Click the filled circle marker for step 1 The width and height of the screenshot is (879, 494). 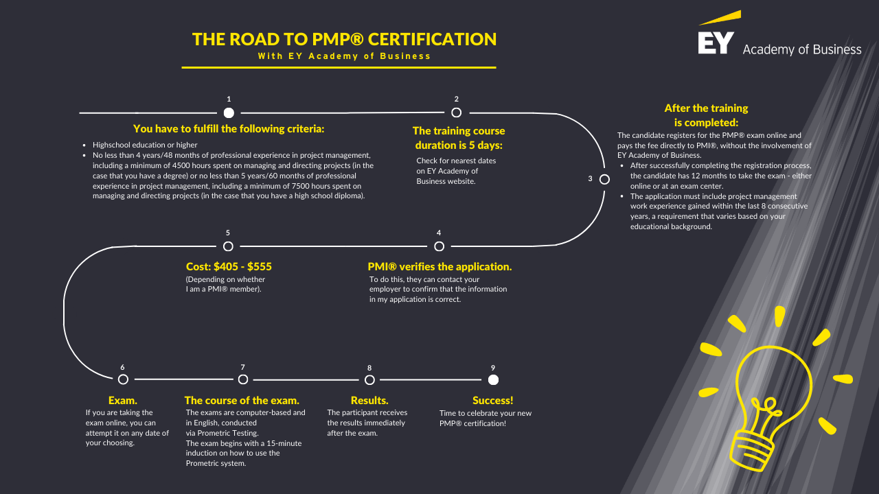(229, 113)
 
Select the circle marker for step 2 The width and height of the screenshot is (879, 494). (456, 113)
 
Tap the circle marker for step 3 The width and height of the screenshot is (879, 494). (604, 179)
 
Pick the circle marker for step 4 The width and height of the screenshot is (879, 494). (439, 246)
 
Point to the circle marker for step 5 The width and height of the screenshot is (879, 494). (228, 246)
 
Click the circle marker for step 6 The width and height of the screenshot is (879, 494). (123, 379)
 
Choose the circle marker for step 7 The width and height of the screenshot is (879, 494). (243, 379)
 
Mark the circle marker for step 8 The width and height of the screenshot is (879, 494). (369, 380)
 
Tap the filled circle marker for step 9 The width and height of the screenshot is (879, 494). (493, 380)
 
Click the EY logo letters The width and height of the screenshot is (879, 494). (716, 43)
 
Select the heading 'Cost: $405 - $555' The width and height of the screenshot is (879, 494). (229, 267)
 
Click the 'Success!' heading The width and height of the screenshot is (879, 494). (493, 400)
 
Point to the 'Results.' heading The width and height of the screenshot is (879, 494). (369, 400)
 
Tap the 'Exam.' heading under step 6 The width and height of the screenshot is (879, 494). (123, 400)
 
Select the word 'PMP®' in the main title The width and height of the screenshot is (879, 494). (338, 39)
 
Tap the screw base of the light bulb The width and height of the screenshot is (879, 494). (751, 450)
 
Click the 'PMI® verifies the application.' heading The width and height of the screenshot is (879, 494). (439, 267)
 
